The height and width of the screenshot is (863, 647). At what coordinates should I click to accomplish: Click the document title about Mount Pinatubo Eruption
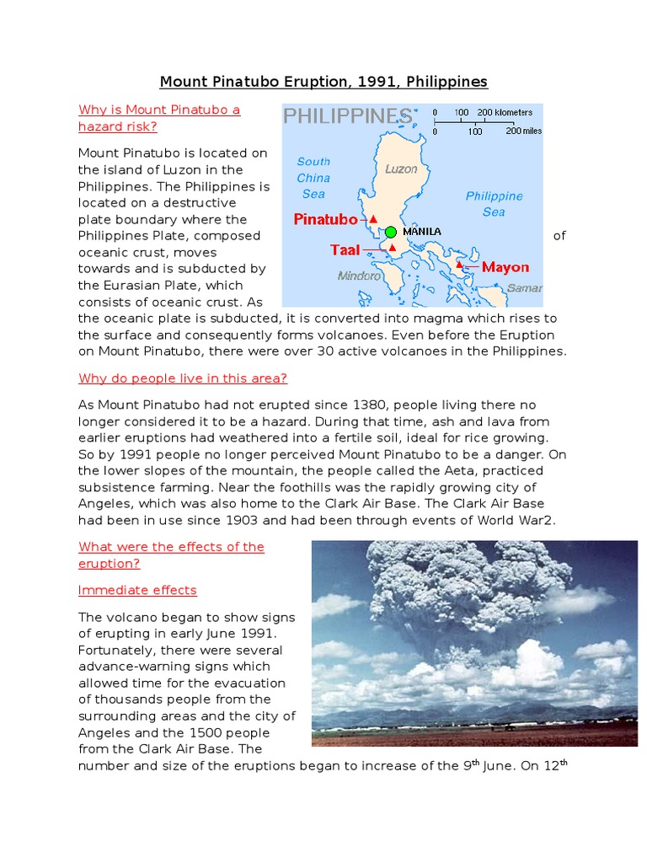click(x=323, y=82)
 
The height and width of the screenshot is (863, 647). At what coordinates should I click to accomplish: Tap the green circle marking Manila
click(x=390, y=232)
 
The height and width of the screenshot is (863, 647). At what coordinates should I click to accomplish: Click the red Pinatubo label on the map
click(x=325, y=220)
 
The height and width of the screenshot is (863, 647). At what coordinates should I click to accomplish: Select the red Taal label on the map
click(x=345, y=250)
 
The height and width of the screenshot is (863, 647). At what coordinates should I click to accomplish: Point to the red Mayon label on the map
click(x=505, y=267)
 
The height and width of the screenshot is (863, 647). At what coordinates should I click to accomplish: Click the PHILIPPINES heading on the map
click(x=347, y=115)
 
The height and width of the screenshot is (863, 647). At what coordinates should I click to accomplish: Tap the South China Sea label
click(x=313, y=178)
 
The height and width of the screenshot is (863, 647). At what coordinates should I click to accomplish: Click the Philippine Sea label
click(x=494, y=204)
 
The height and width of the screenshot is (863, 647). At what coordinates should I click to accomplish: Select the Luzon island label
click(x=401, y=169)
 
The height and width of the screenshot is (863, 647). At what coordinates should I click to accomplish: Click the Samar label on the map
click(x=525, y=288)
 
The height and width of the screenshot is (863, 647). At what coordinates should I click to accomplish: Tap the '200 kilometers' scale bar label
click(x=505, y=112)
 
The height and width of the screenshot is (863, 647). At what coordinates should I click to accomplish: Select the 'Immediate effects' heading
click(x=137, y=590)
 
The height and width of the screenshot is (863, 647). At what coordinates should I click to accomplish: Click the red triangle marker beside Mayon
click(x=459, y=265)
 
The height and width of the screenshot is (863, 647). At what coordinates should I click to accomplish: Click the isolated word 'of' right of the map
click(x=559, y=236)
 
